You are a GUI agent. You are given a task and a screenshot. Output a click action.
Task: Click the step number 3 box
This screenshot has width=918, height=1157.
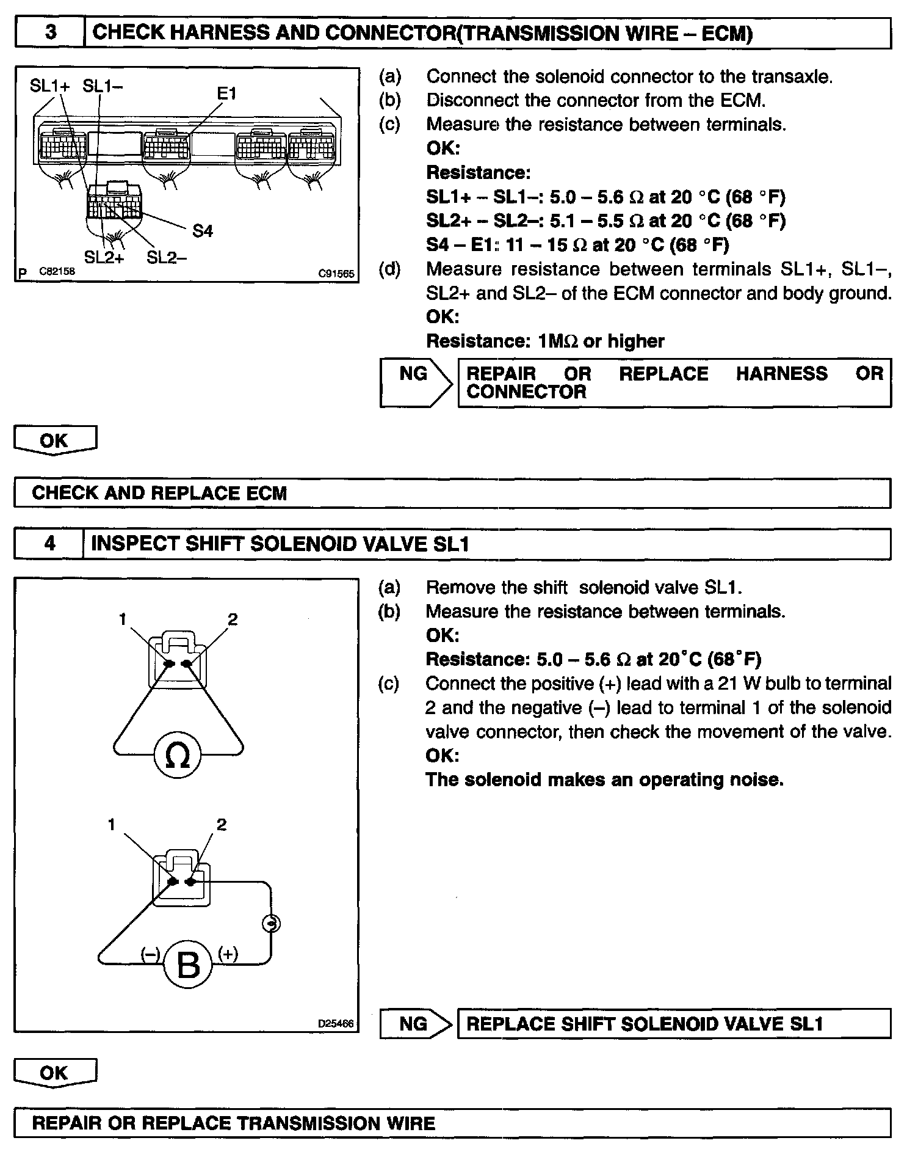coord(50,32)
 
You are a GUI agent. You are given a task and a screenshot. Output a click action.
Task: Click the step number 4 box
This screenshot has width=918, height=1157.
coord(49,543)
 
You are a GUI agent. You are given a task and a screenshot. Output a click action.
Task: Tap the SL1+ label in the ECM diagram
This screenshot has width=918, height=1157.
coord(50,86)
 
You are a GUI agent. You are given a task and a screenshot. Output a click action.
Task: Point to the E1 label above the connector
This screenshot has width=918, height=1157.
coord(226,93)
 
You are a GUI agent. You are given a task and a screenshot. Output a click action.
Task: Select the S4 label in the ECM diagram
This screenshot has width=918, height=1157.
coord(203,231)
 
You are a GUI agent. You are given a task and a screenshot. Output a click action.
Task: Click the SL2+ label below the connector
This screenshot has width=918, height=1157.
coord(104,258)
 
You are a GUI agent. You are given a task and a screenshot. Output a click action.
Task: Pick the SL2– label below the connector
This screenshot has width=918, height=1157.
coord(167,258)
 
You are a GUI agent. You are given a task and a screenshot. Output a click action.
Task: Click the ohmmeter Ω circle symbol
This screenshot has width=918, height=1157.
coord(178,756)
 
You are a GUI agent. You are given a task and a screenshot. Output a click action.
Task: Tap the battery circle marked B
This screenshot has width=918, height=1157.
coord(187,966)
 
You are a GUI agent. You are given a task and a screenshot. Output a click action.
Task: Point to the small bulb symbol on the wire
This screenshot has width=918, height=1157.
coord(270,924)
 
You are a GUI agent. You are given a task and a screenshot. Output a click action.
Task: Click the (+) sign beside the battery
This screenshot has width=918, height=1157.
coord(228,954)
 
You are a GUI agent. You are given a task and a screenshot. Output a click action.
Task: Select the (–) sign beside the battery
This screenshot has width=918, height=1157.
coord(150,954)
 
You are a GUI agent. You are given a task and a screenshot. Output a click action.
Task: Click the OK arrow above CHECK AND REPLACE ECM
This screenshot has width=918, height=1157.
coord(55,440)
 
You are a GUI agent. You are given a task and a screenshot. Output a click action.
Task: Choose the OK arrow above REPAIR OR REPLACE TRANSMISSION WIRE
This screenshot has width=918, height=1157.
coord(55,1073)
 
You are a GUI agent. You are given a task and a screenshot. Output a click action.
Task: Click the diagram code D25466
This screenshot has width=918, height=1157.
coord(336,1024)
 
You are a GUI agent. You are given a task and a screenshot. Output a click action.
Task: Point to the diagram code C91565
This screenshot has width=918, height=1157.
coord(336,274)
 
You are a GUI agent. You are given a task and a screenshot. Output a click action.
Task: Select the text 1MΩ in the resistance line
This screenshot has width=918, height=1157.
coord(557,341)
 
